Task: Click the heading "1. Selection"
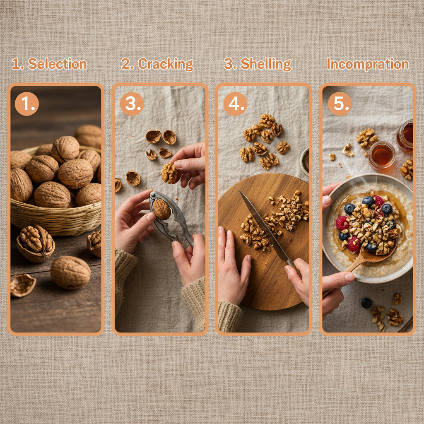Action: (49, 64)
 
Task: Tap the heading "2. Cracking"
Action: (157, 64)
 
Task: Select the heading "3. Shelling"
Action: (257, 64)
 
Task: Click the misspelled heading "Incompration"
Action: (367, 64)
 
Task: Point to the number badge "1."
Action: (27, 104)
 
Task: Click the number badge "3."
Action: (132, 104)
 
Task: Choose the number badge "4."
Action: (235, 104)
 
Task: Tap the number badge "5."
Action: (340, 104)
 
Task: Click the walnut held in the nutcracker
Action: (161, 209)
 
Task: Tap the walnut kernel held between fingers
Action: (169, 173)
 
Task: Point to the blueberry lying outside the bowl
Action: (366, 303)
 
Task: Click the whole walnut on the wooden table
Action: (70, 272)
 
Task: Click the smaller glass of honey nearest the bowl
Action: (381, 155)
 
